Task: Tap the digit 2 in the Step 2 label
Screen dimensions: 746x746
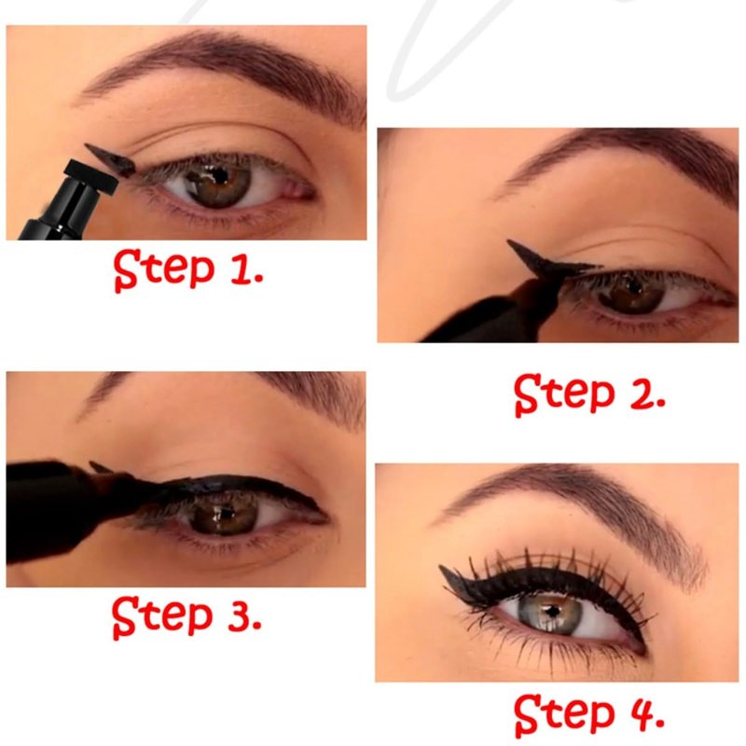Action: (x=641, y=393)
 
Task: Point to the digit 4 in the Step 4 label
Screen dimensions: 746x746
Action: (x=642, y=712)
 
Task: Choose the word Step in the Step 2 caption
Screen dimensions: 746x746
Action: (x=565, y=394)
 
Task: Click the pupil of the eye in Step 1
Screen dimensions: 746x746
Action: (x=218, y=175)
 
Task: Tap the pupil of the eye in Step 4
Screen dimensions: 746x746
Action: (x=552, y=612)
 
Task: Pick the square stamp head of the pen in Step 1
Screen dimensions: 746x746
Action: (x=91, y=177)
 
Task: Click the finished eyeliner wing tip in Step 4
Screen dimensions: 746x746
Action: (x=440, y=567)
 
